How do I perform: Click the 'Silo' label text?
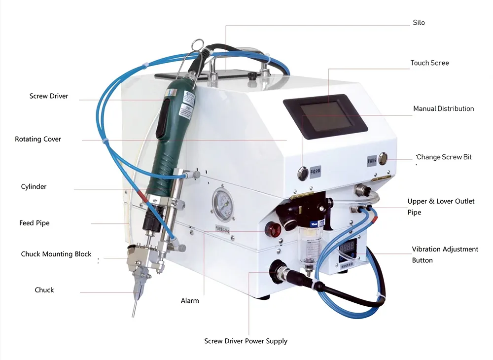[x=419, y=23]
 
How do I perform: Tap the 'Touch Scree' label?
[x=429, y=63]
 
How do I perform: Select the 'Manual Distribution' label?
[x=443, y=108]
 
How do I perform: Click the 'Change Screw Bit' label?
[x=444, y=157]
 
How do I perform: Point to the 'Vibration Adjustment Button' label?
[x=445, y=254]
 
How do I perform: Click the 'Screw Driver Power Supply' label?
[x=246, y=341]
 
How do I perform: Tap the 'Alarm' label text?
[x=190, y=300]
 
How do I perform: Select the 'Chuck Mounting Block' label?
[x=56, y=254]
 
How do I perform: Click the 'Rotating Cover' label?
[x=38, y=139]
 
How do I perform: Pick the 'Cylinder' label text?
[x=34, y=187]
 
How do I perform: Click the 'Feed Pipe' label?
[x=35, y=223]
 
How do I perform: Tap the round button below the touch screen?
[x=302, y=173]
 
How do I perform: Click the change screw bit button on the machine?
[x=383, y=158]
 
